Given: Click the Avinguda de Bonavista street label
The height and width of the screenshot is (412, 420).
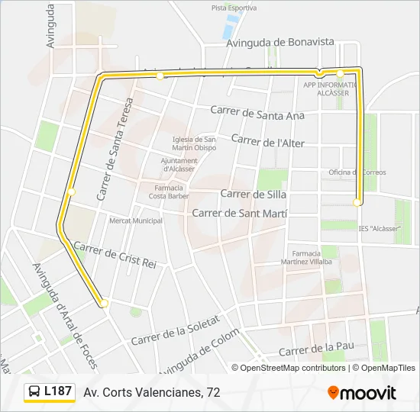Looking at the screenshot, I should [x=280, y=43].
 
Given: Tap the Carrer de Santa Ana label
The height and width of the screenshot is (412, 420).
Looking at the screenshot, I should [x=257, y=113].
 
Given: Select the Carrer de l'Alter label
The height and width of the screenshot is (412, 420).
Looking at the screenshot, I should [x=267, y=141].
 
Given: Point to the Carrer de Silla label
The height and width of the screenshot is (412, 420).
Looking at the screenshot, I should [x=247, y=194].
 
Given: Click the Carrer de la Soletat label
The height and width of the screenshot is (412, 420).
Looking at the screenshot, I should [x=175, y=329].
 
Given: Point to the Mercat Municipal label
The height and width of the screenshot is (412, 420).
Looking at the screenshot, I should [x=136, y=220].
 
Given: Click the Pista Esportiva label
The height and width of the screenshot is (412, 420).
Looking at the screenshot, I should [x=234, y=8].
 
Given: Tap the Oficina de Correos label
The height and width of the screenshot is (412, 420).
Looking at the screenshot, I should [x=357, y=172].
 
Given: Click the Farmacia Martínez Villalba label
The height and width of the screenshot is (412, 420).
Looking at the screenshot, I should [x=312, y=256].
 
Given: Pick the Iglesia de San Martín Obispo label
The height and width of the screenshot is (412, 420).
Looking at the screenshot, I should [x=195, y=143].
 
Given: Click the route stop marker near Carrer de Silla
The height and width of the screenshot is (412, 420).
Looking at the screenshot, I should [x=357, y=202].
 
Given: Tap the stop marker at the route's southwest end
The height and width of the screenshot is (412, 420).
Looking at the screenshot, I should [x=104, y=304].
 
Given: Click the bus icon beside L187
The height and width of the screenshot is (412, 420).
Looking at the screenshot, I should [x=35, y=392].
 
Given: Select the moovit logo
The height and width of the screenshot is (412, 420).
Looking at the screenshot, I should [x=362, y=392].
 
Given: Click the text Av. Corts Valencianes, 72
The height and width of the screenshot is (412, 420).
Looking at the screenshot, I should [x=152, y=392].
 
